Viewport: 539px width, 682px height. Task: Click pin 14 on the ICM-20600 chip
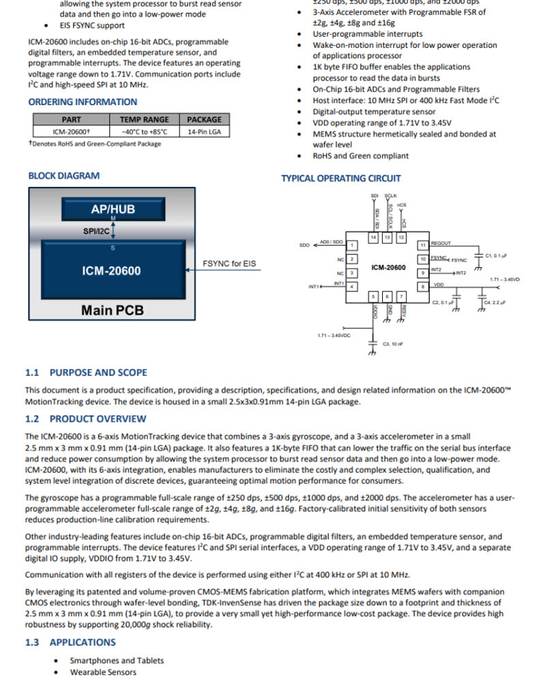tap(373, 237)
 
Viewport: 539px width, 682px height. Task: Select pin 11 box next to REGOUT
tap(423, 244)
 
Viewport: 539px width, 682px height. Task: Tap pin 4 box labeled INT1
tap(351, 286)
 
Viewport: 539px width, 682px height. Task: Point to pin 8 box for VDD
tap(423, 286)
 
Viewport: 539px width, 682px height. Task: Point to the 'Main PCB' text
tap(113, 310)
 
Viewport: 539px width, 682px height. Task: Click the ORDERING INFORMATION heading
tap(83, 102)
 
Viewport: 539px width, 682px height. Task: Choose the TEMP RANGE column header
tap(145, 119)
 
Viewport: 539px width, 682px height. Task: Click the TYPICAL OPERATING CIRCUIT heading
tap(341, 179)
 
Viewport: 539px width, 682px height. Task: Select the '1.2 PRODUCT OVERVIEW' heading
tap(85, 419)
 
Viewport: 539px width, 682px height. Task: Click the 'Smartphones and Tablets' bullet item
tap(117, 660)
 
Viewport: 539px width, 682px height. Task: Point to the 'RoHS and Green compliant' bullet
tap(361, 155)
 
